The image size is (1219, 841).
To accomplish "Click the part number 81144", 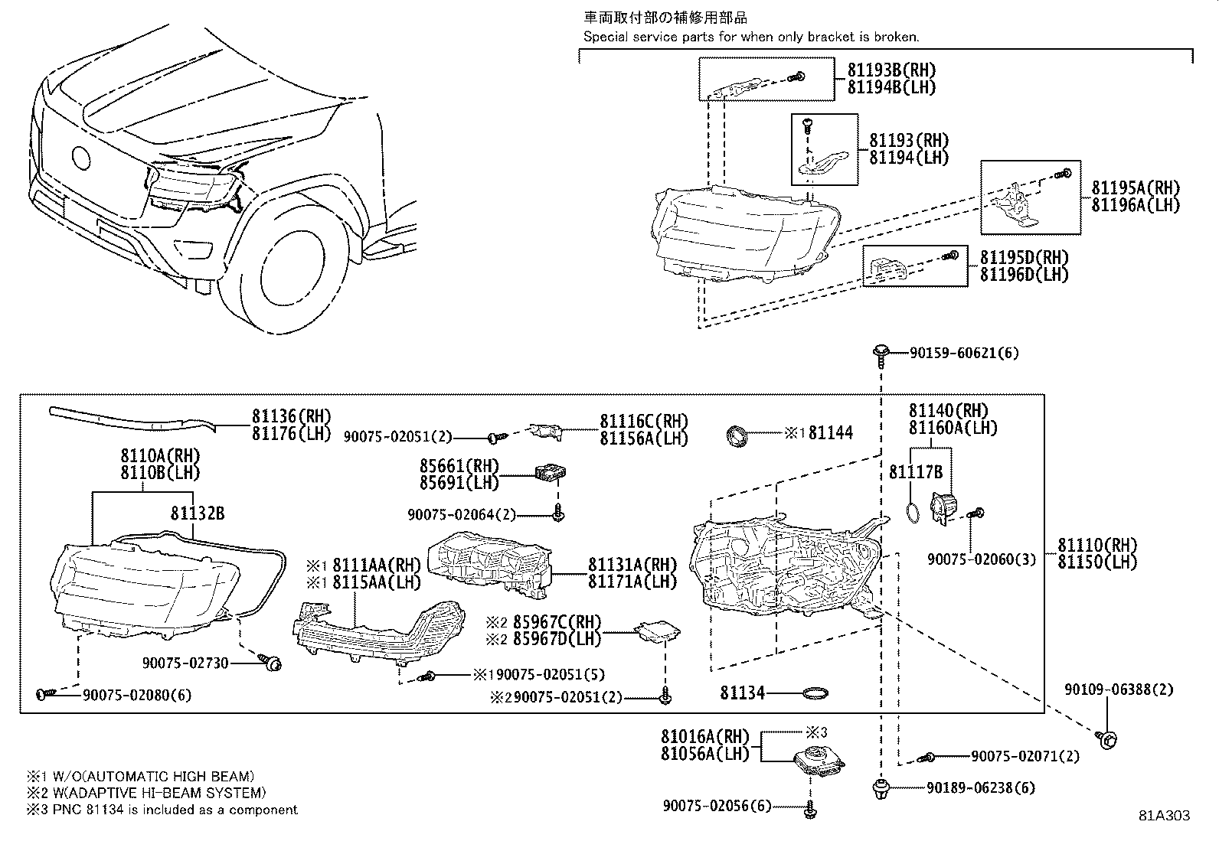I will [x=831, y=433].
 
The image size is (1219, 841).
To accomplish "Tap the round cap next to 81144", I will [x=736, y=435].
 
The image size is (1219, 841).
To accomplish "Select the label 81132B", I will [x=198, y=513].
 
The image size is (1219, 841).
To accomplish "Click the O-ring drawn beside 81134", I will [x=816, y=694].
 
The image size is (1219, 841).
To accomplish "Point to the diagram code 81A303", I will [x=1163, y=816].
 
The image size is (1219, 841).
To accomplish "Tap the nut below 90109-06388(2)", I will [x=1107, y=738].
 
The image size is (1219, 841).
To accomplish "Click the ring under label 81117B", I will [x=911, y=513].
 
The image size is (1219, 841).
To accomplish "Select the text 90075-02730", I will [x=185, y=663].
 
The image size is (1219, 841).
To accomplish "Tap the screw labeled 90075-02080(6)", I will [x=44, y=693].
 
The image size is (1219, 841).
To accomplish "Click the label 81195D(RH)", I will [x=1024, y=258].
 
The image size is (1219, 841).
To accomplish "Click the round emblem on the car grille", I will [x=80, y=158].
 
